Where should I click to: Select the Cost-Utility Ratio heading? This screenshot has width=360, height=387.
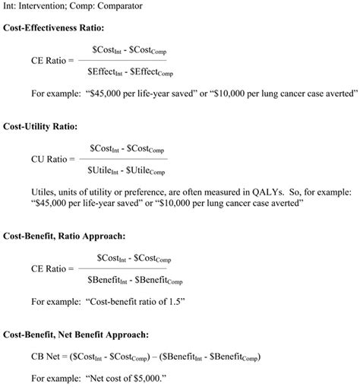39,127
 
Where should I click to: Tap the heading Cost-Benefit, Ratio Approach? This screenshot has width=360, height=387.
65,237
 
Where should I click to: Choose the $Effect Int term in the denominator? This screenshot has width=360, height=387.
106,72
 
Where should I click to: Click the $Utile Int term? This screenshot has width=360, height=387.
104,171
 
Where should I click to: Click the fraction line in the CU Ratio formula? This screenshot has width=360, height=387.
122,159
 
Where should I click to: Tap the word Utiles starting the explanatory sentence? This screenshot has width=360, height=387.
44,191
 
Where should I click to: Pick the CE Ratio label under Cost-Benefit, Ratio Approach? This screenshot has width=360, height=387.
49,268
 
